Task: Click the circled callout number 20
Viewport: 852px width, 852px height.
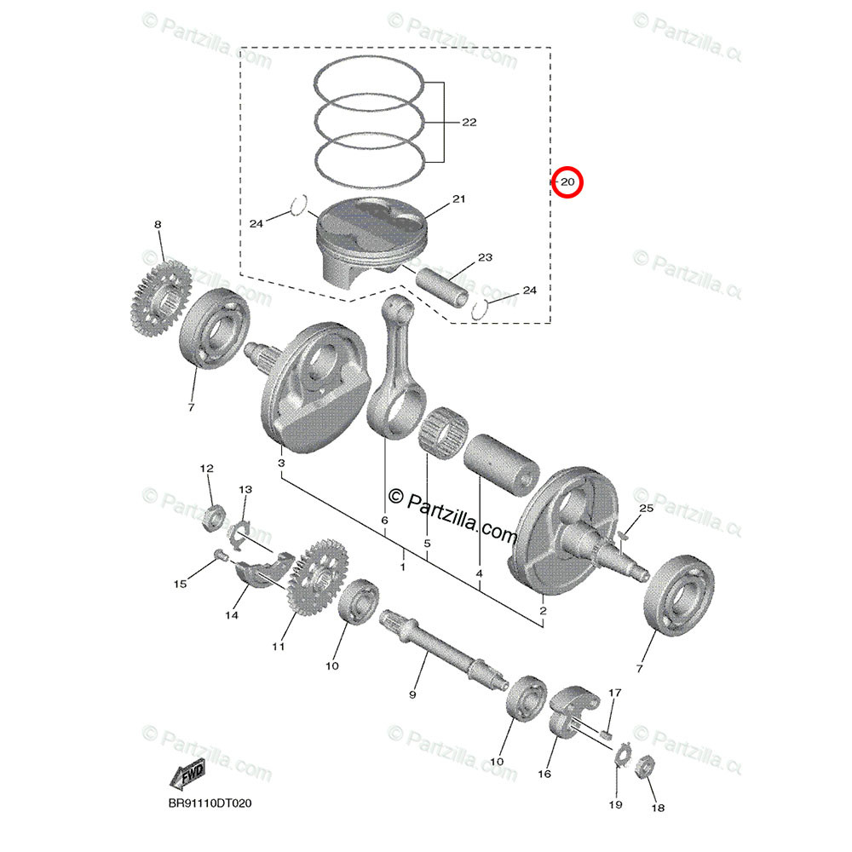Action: click(x=567, y=182)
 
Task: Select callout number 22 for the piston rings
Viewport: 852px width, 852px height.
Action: click(x=469, y=123)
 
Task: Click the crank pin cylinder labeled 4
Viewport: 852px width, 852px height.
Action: click(x=502, y=463)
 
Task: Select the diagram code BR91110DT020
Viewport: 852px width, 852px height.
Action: click(x=210, y=803)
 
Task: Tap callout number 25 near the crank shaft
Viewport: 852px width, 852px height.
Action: click(x=645, y=509)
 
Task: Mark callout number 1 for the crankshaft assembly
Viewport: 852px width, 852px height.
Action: click(x=402, y=566)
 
